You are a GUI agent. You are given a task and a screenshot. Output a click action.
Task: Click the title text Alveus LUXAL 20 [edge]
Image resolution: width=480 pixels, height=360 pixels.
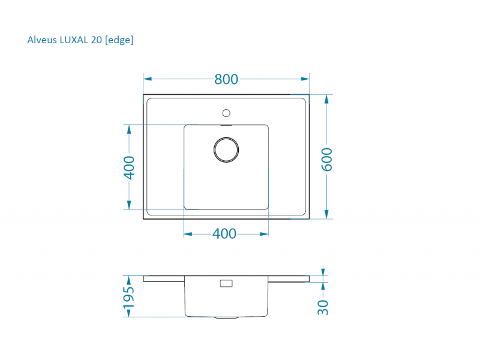click(x=80, y=40)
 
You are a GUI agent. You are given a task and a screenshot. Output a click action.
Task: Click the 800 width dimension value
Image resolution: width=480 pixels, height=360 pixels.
click(x=226, y=79)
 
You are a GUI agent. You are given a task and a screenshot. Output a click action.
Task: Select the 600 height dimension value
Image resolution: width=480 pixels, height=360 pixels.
click(x=327, y=159)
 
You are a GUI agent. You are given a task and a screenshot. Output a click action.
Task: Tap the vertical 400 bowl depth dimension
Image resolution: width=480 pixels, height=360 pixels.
click(x=128, y=167)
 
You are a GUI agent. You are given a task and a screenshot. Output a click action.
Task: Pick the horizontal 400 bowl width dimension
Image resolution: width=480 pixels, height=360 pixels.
click(x=224, y=234)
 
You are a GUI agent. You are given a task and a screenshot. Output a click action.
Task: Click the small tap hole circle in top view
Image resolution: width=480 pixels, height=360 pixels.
click(x=226, y=112)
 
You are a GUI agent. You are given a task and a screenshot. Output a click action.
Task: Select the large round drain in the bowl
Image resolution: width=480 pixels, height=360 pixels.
click(x=226, y=149)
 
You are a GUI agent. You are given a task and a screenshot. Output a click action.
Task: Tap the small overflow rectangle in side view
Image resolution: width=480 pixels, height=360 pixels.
click(x=227, y=283)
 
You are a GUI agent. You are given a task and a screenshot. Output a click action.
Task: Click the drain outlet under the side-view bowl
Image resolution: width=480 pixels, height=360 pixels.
click(x=226, y=317)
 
